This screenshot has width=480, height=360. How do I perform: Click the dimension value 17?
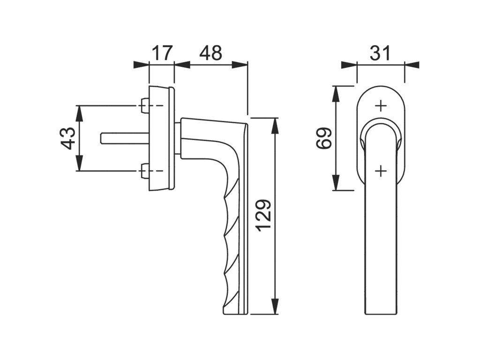click(162, 53)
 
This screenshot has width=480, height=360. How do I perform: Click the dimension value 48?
click(210, 53)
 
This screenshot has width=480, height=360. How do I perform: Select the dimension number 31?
click(380, 53)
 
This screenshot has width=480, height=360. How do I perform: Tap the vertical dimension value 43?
click(68, 138)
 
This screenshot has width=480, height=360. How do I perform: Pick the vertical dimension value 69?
click(324, 138)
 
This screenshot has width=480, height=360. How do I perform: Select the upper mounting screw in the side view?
click(145, 105)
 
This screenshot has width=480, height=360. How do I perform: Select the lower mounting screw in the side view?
click(145, 172)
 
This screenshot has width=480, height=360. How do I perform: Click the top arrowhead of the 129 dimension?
click(275, 123)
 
